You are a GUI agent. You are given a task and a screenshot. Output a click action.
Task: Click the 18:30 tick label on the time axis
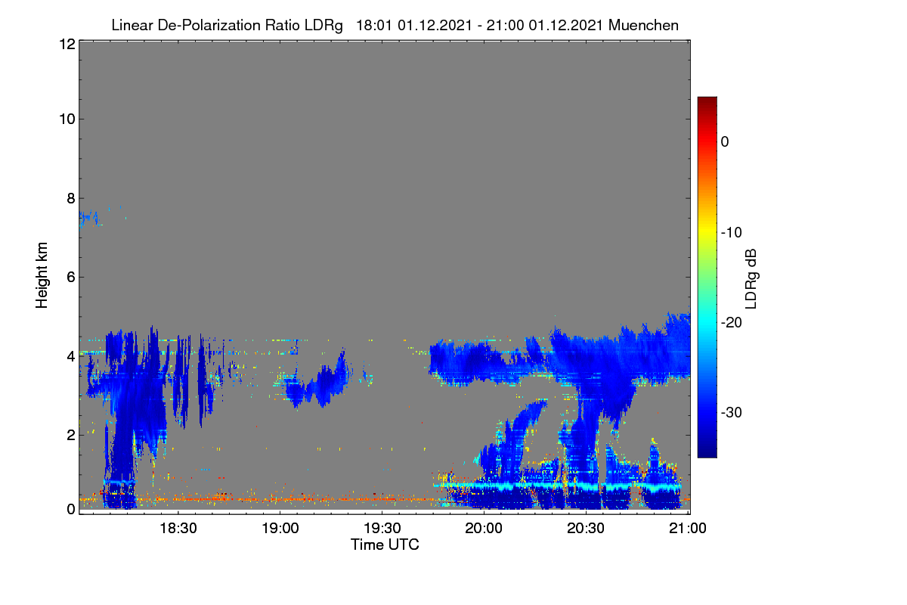click(x=178, y=529)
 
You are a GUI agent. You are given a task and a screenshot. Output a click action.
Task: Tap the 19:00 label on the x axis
click(x=280, y=529)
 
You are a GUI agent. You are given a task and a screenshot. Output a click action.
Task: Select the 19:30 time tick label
click(x=382, y=529)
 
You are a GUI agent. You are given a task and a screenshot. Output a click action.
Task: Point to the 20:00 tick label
click(x=484, y=529)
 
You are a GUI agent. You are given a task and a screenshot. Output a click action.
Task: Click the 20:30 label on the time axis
click(x=586, y=529)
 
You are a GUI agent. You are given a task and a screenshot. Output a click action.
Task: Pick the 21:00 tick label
click(x=688, y=529)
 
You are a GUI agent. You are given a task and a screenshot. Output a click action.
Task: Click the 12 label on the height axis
click(x=67, y=44)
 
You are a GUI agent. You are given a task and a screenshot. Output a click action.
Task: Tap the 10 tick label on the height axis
click(x=67, y=119)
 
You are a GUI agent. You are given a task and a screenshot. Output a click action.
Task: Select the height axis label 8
click(x=71, y=199)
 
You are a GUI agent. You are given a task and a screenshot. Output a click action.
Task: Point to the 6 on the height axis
click(x=71, y=278)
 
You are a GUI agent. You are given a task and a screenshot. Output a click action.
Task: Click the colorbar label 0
click(x=725, y=142)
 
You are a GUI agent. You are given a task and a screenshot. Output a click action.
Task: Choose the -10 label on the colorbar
click(x=732, y=233)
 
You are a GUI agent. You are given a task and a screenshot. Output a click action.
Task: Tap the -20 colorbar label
click(x=732, y=323)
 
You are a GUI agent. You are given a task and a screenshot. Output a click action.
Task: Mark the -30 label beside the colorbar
click(x=732, y=413)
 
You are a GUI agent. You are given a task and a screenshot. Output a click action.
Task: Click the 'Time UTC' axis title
click(x=385, y=545)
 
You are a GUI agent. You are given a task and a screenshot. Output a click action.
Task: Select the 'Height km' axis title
click(x=42, y=275)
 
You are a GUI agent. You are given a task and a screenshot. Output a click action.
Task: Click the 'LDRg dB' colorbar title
click(x=751, y=279)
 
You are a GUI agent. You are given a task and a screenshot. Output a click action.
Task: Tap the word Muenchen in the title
click(x=643, y=26)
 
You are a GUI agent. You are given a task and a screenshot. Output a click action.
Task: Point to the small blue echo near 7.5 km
click(x=89, y=219)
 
